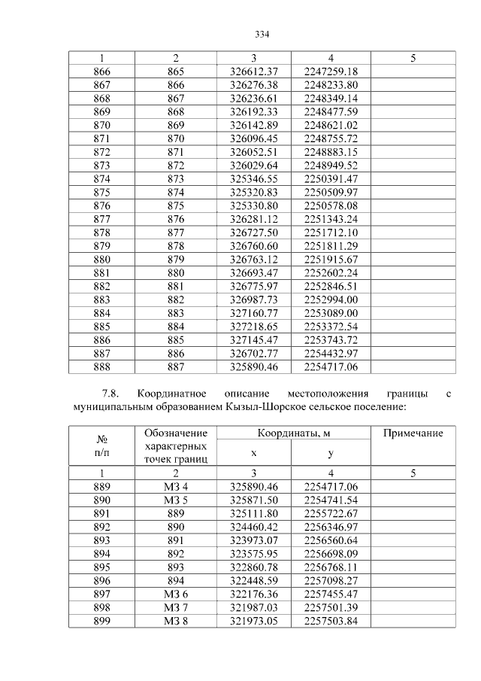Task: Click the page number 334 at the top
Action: click(x=262, y=35)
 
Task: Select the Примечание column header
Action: click(x=413, y=433)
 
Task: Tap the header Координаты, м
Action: click(x=294, y=433)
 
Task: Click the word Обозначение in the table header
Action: click(x=175, y=433)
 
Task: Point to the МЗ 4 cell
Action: click(x=175, y=487)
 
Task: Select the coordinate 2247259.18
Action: click(x=331, y=71)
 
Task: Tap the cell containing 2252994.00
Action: click(x=331, y=299)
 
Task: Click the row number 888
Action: click(x=101, y=366)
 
